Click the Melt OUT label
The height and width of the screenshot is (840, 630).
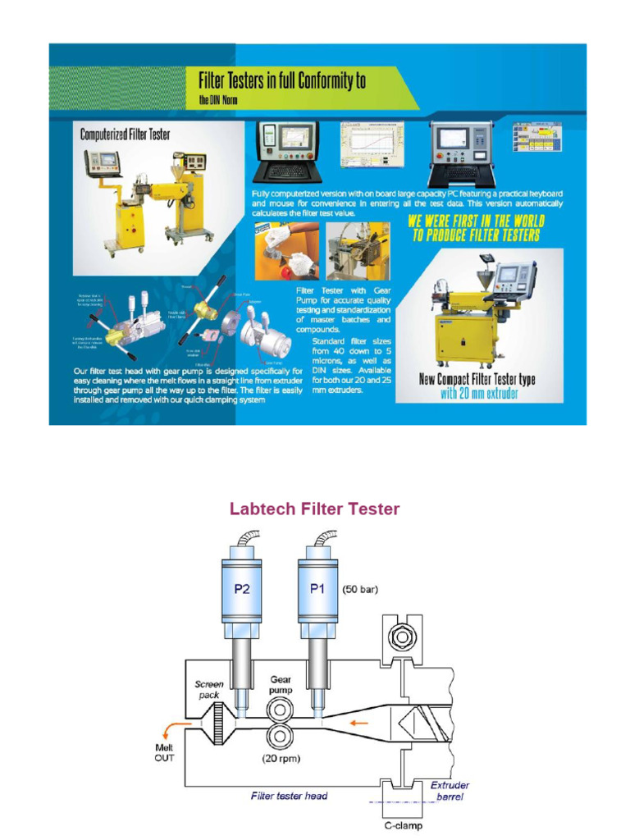pos(164,752)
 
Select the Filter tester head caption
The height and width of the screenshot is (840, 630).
pos(289,796)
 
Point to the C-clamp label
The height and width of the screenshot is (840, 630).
pos(404,826)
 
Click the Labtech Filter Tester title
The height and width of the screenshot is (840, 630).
pos(314,509)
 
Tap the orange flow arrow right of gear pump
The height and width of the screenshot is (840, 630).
pos(354,723)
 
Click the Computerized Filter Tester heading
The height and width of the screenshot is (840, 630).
pos(125,134)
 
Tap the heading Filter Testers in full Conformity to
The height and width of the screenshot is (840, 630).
pos(282,80)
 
